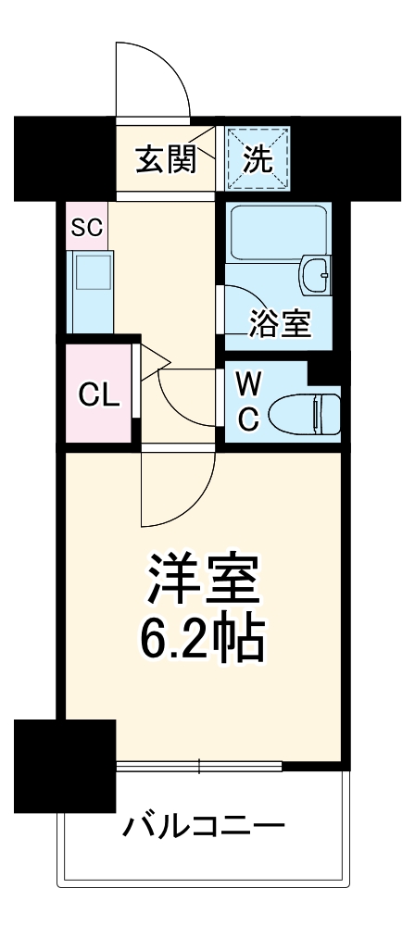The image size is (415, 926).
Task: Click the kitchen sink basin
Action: (x=91, y=279)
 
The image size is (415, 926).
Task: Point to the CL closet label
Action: (x=98, y=395)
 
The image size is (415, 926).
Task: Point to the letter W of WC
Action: (x=247, y=382)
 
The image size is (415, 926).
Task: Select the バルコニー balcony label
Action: (x=203, y=823)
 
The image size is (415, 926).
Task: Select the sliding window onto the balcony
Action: (x=199, y=766)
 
